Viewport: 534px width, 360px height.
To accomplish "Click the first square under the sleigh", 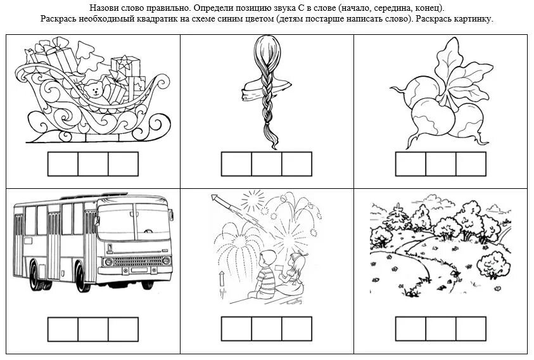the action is [63, 164].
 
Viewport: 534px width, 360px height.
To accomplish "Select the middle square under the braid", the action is [267, 164].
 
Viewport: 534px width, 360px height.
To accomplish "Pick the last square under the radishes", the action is [471, 164].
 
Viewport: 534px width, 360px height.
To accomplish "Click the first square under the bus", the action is [63, 330].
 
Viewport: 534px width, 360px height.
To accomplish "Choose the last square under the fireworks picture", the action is [297, 329].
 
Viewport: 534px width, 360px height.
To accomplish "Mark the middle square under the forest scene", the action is [441, 329].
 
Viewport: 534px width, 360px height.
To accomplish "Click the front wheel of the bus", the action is [82, 277].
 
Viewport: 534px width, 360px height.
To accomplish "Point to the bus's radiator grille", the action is [137, 261].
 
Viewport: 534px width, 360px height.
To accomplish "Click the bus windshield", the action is [134, 222].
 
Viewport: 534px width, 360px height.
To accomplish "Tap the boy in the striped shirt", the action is [264, 274].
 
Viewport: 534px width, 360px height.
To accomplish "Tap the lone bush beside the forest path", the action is [491, 265].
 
